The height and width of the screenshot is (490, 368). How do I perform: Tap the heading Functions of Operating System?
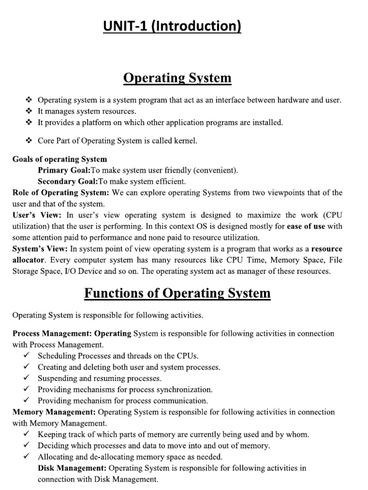pyautogui.click(x=177, y=293)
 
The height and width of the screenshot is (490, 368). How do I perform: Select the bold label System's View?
pyautogui.click(x=40, y=249)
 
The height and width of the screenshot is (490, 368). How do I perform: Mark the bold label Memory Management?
pyautogui.click(x=54, y=412)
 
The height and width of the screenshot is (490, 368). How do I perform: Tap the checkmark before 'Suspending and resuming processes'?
pyautogui.click(x=27, y=378)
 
